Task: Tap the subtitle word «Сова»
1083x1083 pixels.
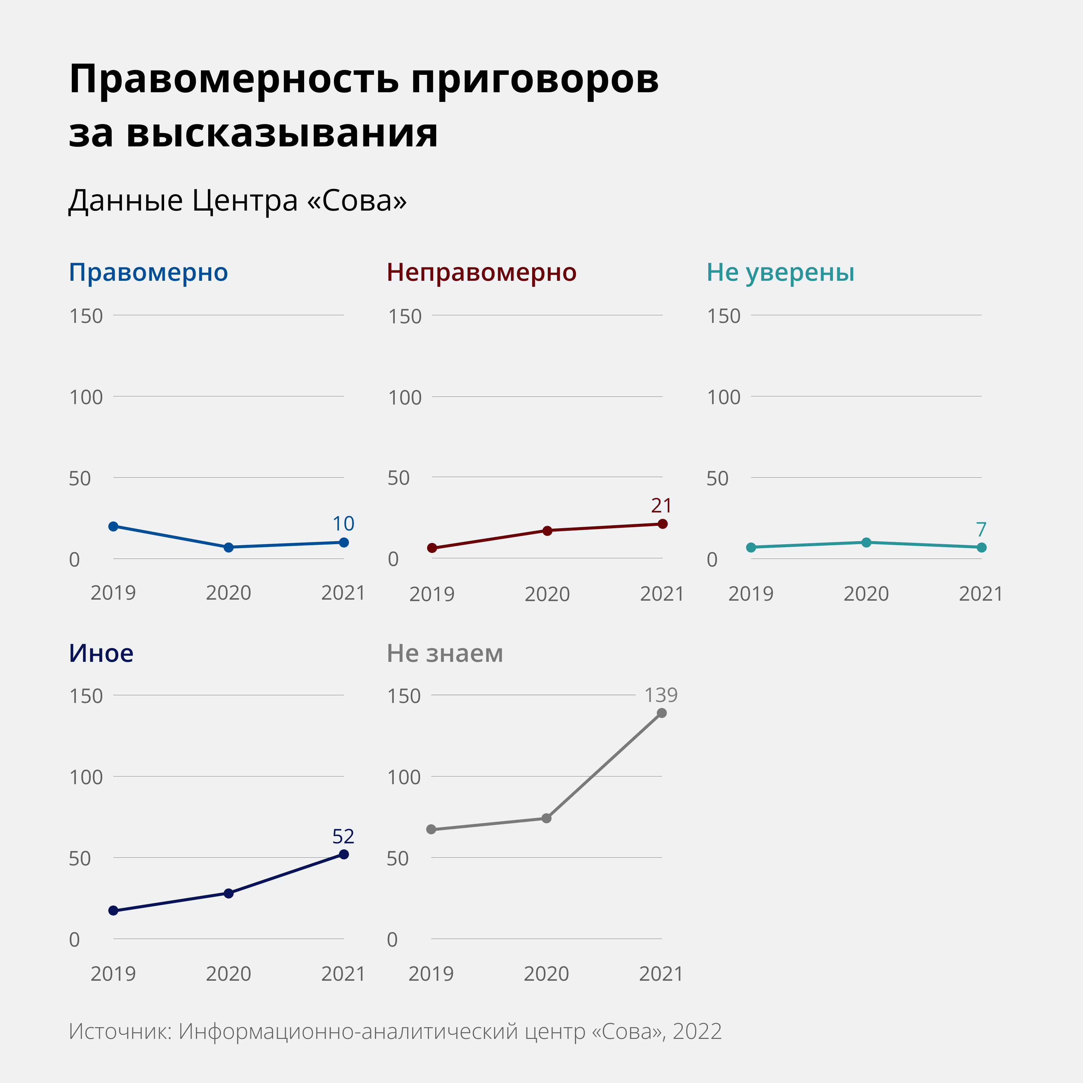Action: coord(357,200)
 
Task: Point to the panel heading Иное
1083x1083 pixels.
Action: coord(101,653)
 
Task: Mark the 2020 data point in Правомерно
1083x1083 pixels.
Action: coord(229,547)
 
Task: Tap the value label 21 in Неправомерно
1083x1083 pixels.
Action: coord(661,506)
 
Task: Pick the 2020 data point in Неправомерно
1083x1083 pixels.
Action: coord(548,530)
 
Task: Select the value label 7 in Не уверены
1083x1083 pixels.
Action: coord(981,529)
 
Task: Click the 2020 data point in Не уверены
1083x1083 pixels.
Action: coord(866,542)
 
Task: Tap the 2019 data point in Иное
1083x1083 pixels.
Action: coord(113,910)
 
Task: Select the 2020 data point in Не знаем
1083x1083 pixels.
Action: coord(547,818)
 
